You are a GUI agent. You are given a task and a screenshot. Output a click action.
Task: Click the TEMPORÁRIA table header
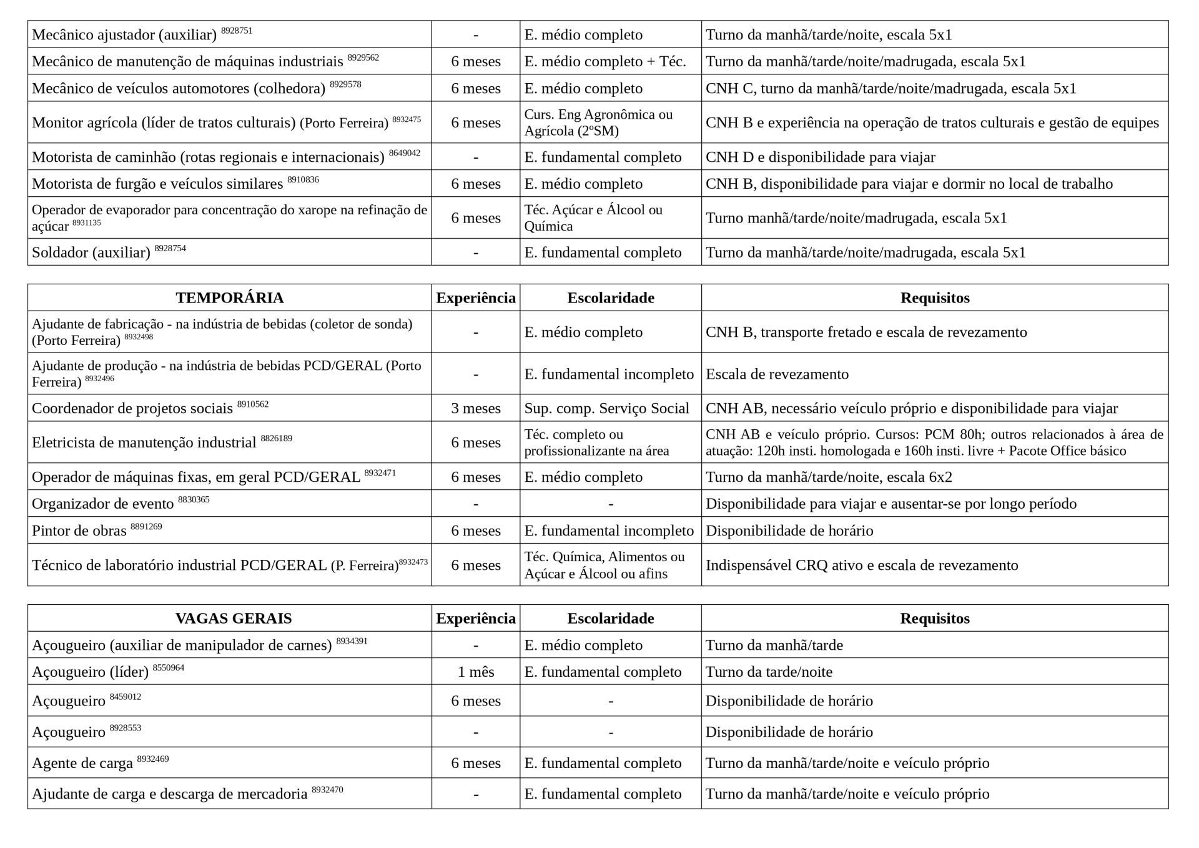click(229, 298)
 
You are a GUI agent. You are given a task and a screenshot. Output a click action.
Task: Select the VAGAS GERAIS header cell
click(233, 619)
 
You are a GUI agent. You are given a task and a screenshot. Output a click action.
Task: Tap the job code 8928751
click(237, 31)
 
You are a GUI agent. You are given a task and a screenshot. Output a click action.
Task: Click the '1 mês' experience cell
click(475, 672)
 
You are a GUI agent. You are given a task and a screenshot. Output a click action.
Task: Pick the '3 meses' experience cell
click(475, 409)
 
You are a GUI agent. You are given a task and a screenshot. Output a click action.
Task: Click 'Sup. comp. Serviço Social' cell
click(606, 409)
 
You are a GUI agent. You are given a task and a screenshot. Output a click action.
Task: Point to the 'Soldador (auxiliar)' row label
click(91, 252)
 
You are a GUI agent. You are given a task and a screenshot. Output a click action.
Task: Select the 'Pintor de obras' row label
click(79, 531)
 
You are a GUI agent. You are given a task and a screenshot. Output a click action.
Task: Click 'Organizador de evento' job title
click(103, 504)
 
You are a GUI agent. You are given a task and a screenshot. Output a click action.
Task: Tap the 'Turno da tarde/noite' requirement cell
click(769, 672)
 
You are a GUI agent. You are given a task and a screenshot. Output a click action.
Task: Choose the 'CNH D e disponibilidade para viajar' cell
click(820, 157)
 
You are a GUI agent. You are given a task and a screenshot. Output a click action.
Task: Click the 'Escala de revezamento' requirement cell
click(777, 374)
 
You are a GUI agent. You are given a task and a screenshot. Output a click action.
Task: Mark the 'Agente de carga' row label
click(82, 763)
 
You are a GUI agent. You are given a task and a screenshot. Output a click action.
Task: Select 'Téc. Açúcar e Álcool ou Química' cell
click(593, 218)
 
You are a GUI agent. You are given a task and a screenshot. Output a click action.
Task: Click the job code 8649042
click(405, 153)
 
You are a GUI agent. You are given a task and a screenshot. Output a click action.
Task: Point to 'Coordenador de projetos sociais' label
click(132, 409)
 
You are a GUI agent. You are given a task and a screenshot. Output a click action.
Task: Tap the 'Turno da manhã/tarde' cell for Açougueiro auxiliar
click(774, 645)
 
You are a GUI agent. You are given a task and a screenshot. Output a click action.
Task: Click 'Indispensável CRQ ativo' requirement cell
click(861, 565)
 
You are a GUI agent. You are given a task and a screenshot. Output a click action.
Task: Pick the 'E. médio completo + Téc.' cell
click(604, 61)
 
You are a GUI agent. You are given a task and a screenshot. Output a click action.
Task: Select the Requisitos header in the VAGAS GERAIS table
click(934, 619)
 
